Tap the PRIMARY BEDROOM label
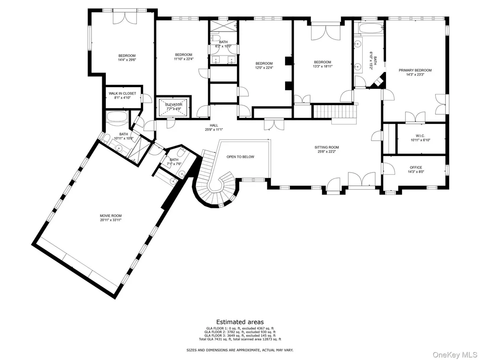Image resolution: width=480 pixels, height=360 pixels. coord(415,70)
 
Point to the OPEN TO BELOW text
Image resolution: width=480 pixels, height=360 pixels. coord(240,157)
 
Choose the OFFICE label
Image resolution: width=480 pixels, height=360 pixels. coord(416,168)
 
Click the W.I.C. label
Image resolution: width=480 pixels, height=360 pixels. coord(420,136)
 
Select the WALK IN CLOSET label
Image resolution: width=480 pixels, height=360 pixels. coord(122,94)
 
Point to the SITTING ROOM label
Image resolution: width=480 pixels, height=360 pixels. coord(327,147)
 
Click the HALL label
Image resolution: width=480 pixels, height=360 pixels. coord(214,125)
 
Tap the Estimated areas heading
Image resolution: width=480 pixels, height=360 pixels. coord(240,322)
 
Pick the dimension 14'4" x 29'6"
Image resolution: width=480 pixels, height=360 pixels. coord(127,60)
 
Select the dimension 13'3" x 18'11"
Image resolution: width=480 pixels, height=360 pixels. coord(322,66)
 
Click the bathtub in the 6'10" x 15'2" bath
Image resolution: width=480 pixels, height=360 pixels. coord(370,29)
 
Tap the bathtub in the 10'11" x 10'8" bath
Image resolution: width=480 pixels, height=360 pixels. coord(117,117)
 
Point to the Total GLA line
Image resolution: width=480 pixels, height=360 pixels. coord(240,339)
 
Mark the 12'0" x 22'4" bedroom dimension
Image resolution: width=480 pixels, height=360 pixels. coord(264,68)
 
